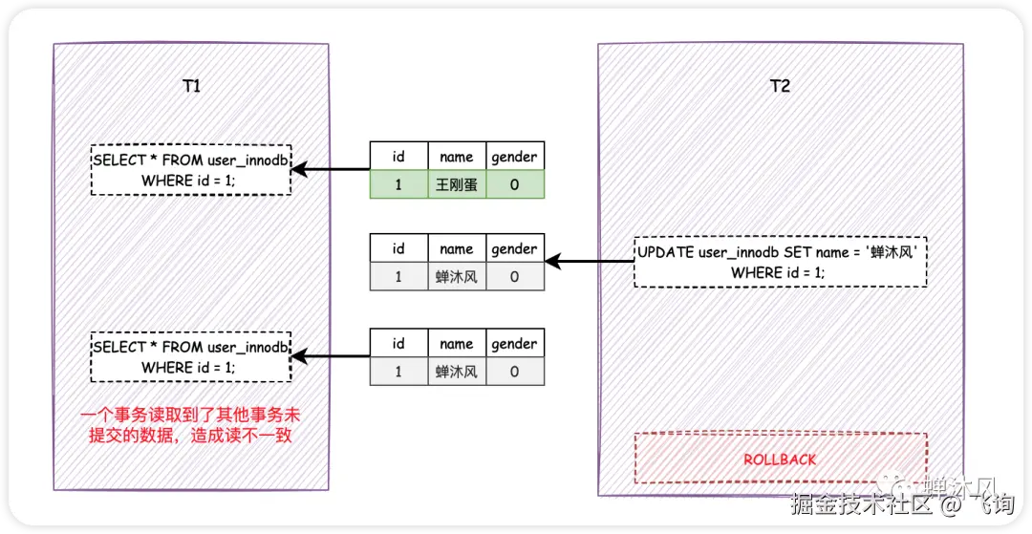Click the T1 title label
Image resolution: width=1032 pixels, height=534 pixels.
point(191,86)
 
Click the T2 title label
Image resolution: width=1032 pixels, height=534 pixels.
point(780,86)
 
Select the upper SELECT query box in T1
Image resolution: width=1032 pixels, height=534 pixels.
point(191,170)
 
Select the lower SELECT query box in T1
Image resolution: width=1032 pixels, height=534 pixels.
point(191,357)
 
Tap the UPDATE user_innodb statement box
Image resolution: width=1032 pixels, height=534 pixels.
point(780,263)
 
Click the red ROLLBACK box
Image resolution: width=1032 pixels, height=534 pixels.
point(780,459)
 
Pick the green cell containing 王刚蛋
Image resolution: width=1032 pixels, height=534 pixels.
point(456,185)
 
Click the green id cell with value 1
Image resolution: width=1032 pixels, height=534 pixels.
point(398,185)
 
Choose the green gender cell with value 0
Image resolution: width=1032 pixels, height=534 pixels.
point(514,185)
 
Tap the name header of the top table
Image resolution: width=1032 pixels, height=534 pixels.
point(456,157)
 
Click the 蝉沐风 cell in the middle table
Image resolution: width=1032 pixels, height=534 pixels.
point(456,277)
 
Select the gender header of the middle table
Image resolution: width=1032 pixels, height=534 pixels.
point(514,248)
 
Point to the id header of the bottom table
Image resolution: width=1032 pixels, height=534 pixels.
point(398,343)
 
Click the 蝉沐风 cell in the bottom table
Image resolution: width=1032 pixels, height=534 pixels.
point(456,372)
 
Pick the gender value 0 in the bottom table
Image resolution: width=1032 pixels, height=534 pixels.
point(514,372)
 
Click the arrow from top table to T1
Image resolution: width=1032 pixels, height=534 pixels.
point(331,170)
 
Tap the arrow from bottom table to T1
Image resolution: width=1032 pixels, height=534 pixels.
point(331,357)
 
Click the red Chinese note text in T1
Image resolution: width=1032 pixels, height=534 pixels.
point(191,426)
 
